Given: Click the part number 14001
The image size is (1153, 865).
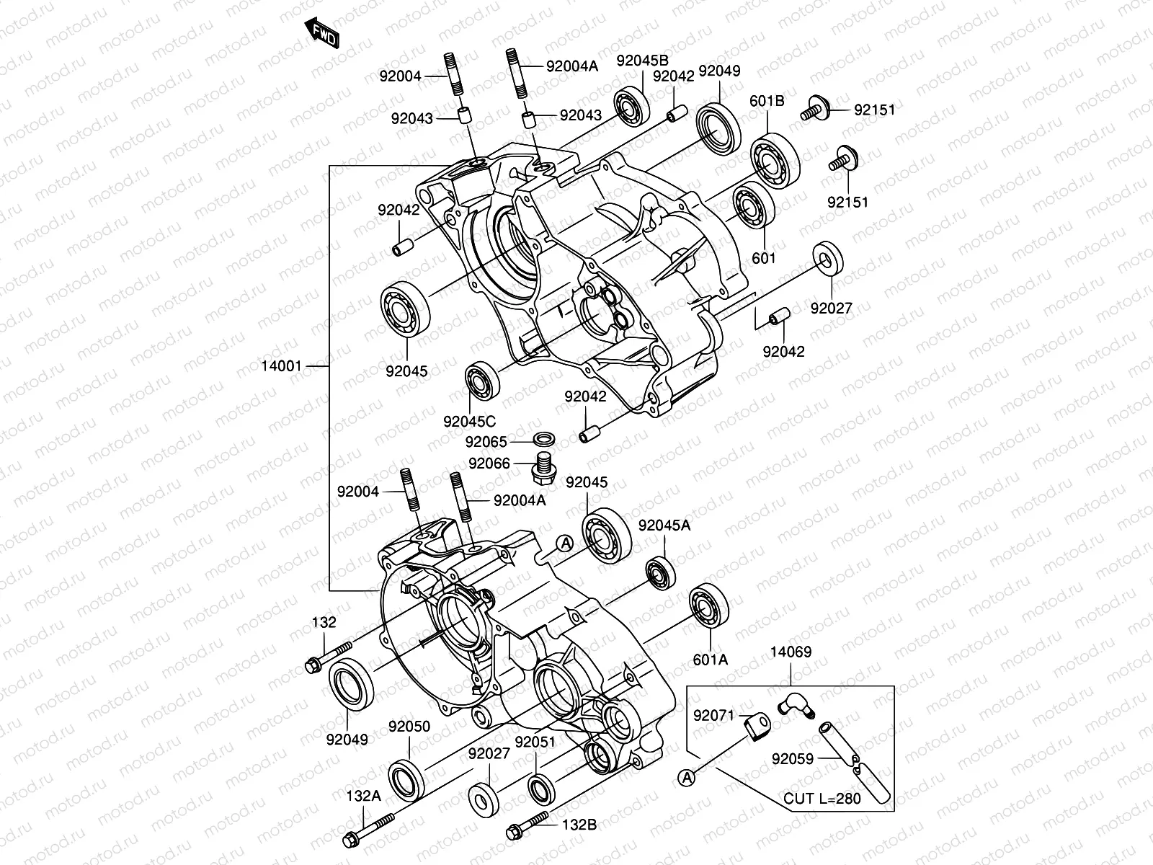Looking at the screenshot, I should pyautogui.click(x=281, y=366).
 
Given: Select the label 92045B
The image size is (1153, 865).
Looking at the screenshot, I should pyautogui.click(x=642, y=61).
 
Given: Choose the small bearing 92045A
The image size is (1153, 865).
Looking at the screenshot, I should pyautogui.click(x=659, y=573).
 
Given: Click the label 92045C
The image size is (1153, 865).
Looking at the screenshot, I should pyautogui.click(x=470, y=422).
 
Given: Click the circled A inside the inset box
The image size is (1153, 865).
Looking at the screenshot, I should pyautogui.click(x=687, y=777).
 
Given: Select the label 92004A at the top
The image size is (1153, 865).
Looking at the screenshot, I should pyautogui.click(x=572, y=66).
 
